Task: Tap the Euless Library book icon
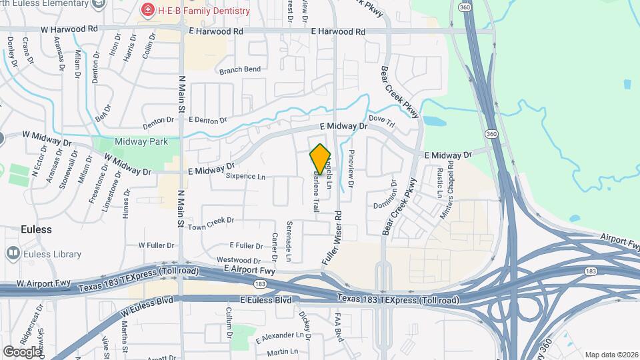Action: pos(13,253)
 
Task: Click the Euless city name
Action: pos(35,229)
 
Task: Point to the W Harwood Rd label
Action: pos(69,30)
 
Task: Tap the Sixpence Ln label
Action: pos(245,177)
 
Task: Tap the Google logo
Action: pos(22,351)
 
